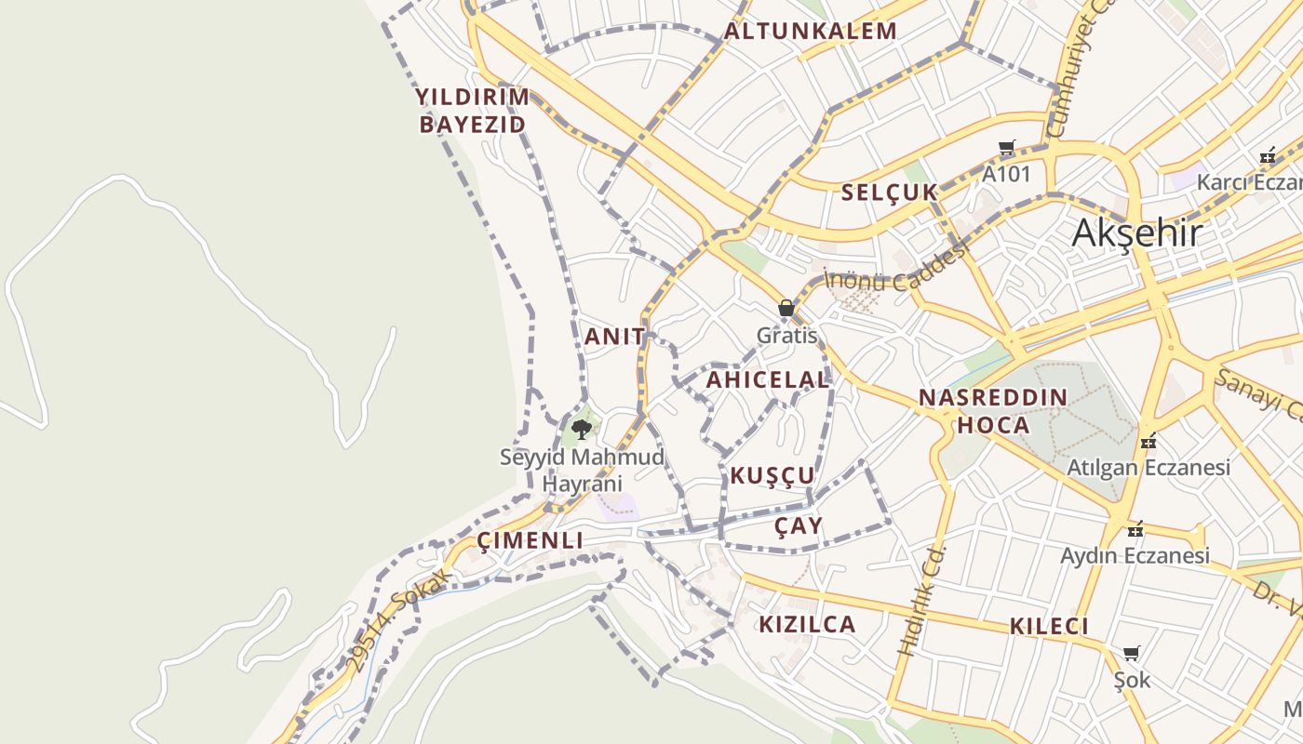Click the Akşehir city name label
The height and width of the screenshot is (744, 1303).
point(1136,233)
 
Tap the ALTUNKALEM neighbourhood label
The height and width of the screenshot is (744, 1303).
point(811,32)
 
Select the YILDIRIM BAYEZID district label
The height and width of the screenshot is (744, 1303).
point(472,111)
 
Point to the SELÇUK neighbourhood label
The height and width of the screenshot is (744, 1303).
point(889,193)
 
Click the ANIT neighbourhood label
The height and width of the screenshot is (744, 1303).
point(614,337)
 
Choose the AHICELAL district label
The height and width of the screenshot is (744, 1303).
point(767,379)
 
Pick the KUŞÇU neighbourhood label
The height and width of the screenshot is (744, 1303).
point(772,476)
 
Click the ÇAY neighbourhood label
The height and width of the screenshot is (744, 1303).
point(799,526)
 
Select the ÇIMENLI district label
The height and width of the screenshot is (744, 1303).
point(530,541)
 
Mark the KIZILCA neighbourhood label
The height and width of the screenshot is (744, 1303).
point(807,624)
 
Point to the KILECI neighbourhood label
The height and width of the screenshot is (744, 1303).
point(1049,627)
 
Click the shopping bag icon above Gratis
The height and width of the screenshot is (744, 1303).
point(786,309)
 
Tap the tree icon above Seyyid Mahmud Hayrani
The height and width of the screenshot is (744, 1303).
point(582,429)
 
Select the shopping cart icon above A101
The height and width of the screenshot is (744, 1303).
point(1006,148)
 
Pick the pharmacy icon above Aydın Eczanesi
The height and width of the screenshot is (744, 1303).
point(1135,529)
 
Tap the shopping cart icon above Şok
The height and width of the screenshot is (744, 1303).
point(1131,654)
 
